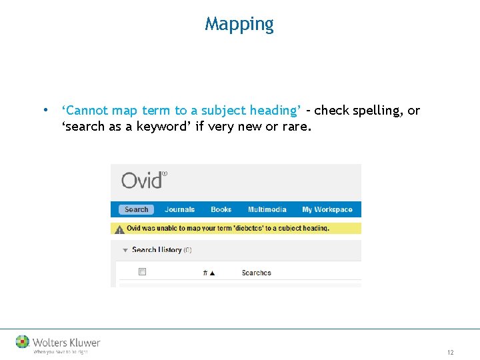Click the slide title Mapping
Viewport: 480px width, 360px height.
239,24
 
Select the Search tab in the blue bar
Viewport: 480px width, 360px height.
136,209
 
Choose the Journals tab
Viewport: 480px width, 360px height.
179,209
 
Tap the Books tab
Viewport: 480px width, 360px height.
221,209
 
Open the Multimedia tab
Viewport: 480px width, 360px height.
267,209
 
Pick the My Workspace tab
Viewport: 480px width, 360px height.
327,209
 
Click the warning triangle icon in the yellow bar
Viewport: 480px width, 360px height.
119,229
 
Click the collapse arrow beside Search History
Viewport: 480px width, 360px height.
124,250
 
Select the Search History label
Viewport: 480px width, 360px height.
157,250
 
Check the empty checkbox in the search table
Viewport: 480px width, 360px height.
142,272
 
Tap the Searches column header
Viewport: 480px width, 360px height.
256,273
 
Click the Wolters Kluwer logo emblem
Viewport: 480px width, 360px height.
23,342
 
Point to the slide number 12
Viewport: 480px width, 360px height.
451,352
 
